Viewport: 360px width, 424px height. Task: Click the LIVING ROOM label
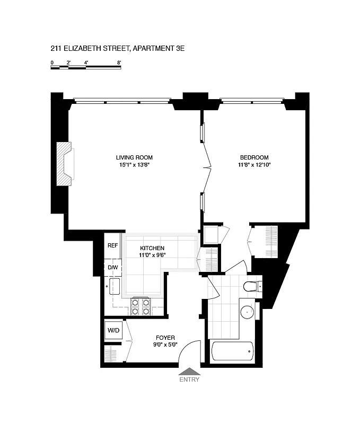click(x=134, y=157)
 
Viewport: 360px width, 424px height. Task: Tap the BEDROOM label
click(x=254, y=157)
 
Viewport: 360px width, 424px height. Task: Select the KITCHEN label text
click(x=152, y=248)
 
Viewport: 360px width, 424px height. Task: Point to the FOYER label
click(x=165, y=338)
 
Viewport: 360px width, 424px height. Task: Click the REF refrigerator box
click(x=112, y=245)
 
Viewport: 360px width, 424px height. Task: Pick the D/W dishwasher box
click(x=112, y=268)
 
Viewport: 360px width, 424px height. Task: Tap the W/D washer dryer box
click(x=113, y=331)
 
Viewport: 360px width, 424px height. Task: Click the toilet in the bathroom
click(x=250, y=287)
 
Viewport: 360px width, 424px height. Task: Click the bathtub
click(x=232, y=351)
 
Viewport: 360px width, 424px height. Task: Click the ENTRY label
click(x=189, y=379)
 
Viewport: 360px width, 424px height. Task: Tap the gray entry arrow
click(x=189, y=371)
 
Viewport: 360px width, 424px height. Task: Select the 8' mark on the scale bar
click(x=119, y=63)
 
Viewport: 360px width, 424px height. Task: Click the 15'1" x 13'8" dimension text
click(x=134, y=165)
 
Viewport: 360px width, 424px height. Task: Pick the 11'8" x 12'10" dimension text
click(x=254, y=165)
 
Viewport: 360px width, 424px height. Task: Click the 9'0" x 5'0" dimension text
click(x=165, y=345)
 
